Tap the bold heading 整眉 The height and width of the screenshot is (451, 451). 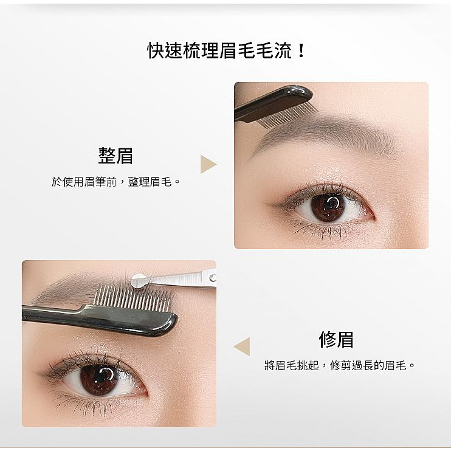(x=115, y=156)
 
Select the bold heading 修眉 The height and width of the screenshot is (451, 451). (x=336, y=340)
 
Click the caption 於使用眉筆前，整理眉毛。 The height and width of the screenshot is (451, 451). (x=115, y=182)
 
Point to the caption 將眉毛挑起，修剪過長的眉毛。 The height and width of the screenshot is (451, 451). (x=339, y=365)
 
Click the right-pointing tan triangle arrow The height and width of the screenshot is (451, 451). (x=208, y=164)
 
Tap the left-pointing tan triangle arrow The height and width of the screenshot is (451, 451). (x=243, y=346)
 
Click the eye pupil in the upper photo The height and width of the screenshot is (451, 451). (x=330, y=205)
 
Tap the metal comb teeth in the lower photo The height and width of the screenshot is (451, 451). (x=133, y=299)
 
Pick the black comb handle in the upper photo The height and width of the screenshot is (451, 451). (x=274, y=102)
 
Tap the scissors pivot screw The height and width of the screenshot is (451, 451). (x=213, y=278)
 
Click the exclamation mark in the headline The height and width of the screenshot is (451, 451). (x=301, y=50)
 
